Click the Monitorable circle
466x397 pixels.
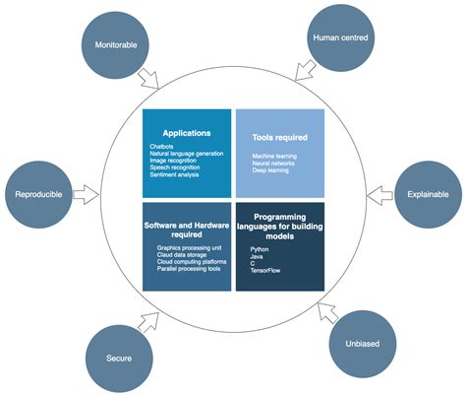[116, 45]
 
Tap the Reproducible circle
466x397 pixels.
[40, 195]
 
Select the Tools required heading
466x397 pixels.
[280, 137]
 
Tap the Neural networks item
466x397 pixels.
[275, 165]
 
